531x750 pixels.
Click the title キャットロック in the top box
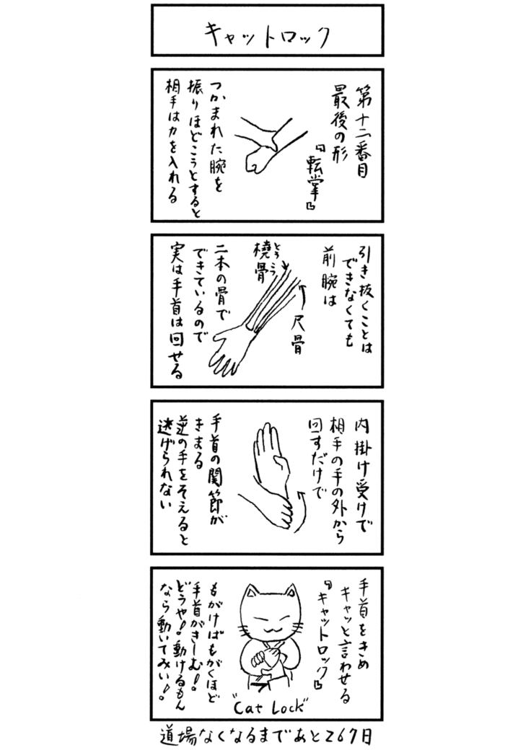pos(265,32)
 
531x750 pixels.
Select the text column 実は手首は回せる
pos(177,309)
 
